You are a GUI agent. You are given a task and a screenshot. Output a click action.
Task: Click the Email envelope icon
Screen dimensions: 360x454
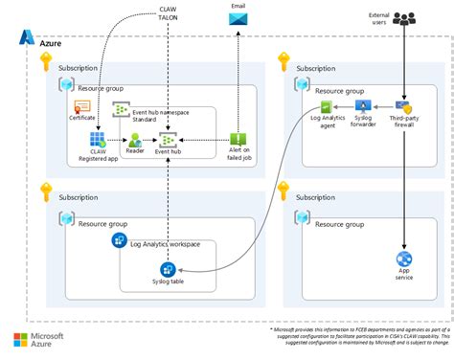pyautogui.click(x=238, y=18)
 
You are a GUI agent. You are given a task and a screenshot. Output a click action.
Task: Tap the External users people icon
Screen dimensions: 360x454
pyautogui.click(x=405, y=18)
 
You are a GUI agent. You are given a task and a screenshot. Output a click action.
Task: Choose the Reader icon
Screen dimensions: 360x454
pyautogui.click(x=135, y=141)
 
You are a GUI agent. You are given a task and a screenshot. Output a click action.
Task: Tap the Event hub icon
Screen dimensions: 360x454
pyautogui.click(x=168, y=141)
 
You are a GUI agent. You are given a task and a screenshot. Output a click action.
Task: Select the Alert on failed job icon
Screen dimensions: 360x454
pyautogui.click(x=238, y=140)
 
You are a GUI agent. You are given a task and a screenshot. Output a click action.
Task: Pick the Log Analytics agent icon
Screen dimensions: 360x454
pyautogui.click(x=328, y=107)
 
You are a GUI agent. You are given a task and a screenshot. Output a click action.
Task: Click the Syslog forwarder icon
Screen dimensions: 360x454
pyautogui.click(x=363, y=106)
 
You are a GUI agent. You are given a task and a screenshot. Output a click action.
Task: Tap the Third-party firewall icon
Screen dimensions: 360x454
pyautogui.click(x=403, y=107)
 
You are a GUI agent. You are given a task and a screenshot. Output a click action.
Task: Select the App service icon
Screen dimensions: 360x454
pyautogui.click(x=404, y=259)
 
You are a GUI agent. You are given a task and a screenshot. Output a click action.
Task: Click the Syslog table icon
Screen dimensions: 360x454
pyautogui.click(x=142, y=269)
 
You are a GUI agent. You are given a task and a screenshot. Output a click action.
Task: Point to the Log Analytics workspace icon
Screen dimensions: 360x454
pyautogui.click(x=122, y=238)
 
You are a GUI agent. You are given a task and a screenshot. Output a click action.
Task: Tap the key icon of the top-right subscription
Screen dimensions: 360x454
pyautogui.click(x=282, y=63)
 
